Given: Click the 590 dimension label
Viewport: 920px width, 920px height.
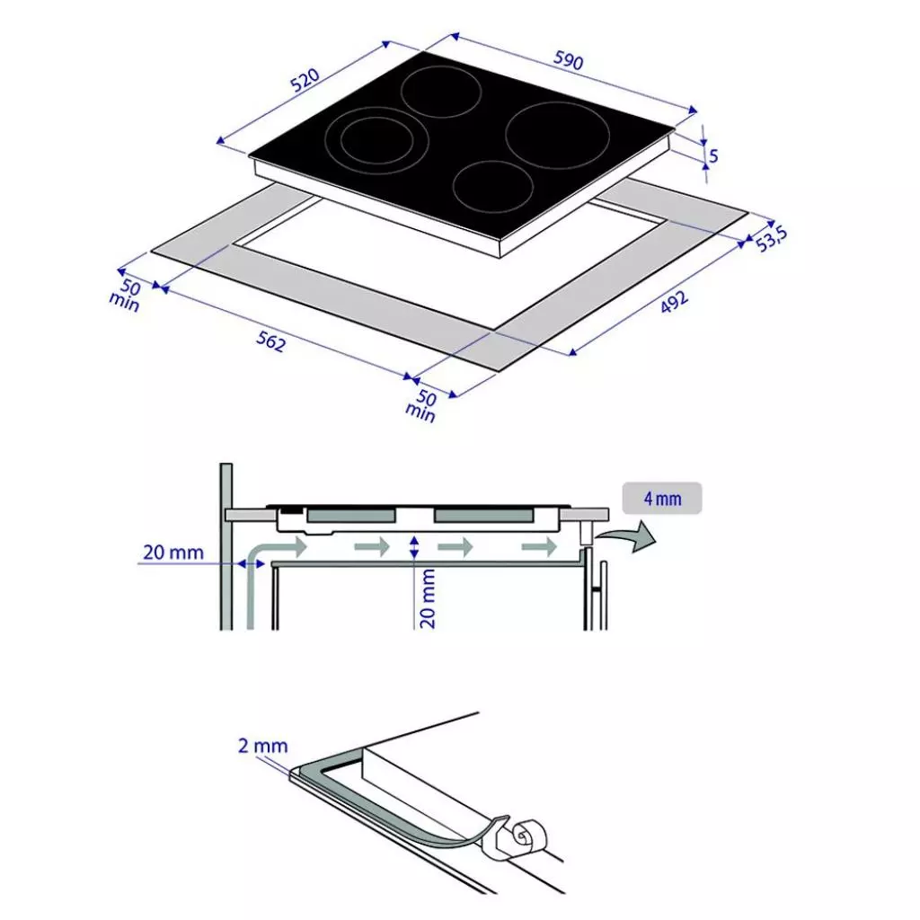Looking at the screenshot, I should [x=568, y=61].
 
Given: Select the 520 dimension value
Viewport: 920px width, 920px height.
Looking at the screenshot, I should [x=306, y=83].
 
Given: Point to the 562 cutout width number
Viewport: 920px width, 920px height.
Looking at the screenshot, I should [x=270, y=342].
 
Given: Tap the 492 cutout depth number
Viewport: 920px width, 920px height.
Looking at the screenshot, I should [x=675, y=303].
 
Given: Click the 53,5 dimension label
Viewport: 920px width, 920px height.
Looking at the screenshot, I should [x=771, y=239].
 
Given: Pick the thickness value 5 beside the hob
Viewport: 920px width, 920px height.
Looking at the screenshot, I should [x=714, y=155].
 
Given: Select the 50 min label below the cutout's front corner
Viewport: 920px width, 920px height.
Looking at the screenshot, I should [x=423, y=405].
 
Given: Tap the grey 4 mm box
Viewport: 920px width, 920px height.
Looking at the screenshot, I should [x=662, y=498].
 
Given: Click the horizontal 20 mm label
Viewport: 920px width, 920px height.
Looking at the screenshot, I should [x=173, y=552].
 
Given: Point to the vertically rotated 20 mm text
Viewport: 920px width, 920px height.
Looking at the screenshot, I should [x=429, y=597].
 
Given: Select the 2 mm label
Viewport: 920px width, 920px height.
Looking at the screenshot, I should [x=264, y=745].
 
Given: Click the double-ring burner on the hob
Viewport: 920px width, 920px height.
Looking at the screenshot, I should [x=378, y=141].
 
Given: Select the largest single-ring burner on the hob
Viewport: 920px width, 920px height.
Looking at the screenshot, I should [x=558, y=136].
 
